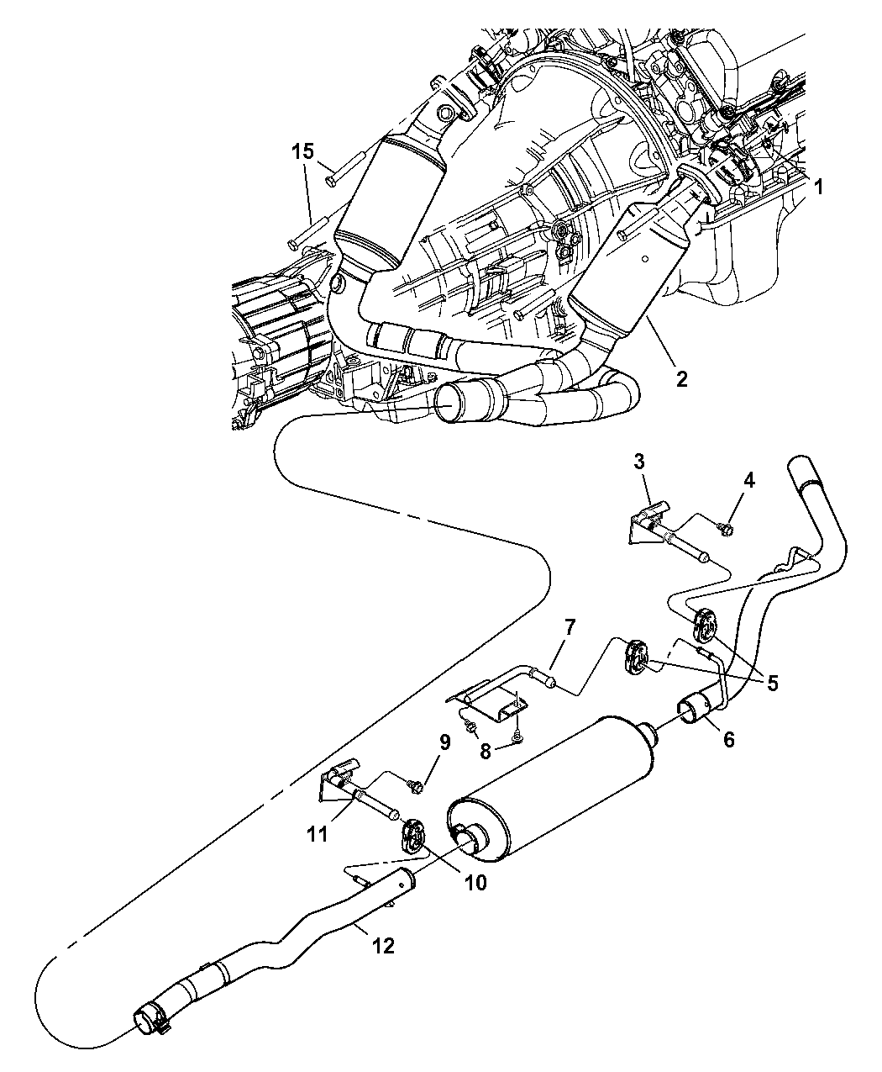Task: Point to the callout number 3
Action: click(x=748, y=480)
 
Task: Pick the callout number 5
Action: click(x=728, y=739)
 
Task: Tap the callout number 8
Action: click(x=444, y=742)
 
